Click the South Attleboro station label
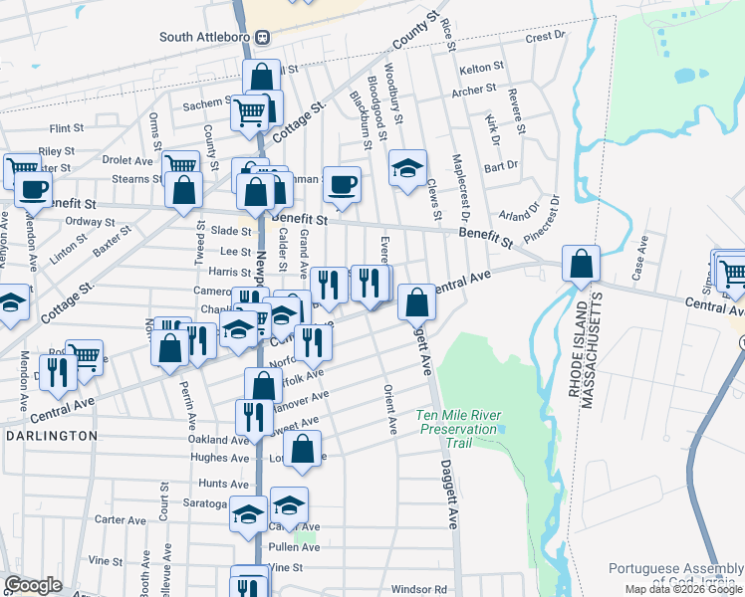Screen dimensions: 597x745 click(207, 37)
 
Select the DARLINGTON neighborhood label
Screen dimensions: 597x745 click(52, 436)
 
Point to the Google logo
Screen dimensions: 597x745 click(33, 585)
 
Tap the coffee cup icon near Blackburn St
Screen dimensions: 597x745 click(342, 184)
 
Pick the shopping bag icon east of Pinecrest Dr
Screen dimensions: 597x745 click(581, 264)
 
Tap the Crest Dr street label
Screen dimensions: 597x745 click(545, 37)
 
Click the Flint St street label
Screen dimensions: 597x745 click(66, 128)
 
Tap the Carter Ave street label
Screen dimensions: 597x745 click(121, 519)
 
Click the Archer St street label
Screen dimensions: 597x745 click(473, 90)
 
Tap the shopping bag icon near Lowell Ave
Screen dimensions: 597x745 click(304, 447)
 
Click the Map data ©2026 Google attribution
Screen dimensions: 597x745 click(683, 589)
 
